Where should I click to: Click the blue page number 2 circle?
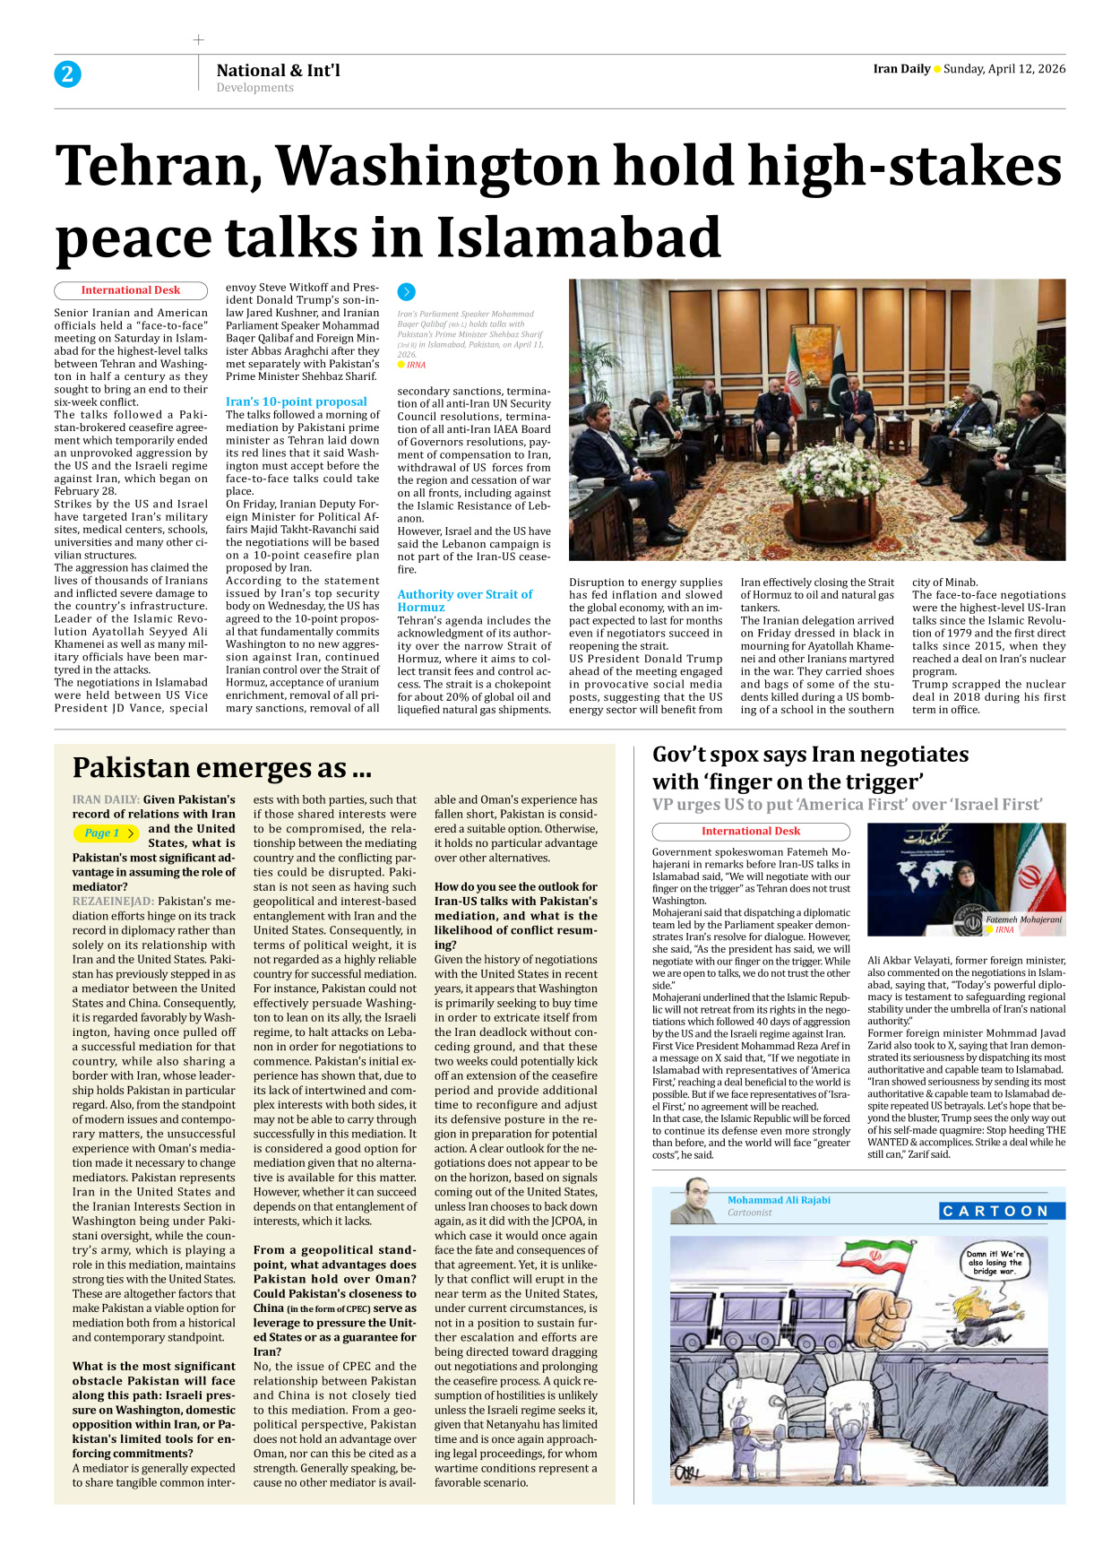[67, 74]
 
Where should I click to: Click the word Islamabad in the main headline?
[578, 238]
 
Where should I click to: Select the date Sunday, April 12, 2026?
[1004, 69]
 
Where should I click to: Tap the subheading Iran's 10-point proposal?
[296, 401]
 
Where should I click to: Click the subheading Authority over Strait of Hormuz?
[464, 600]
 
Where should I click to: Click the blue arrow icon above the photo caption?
[406, 291]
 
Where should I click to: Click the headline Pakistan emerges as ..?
[221, 768]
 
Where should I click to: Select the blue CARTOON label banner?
[1002, 1211]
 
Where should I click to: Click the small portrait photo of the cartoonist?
[693, 1202]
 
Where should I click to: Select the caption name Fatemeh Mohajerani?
[1022, 919]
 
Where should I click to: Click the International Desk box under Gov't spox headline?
[750, 831]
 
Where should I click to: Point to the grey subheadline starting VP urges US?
[847, 804]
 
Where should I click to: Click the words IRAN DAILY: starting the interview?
[106, 799]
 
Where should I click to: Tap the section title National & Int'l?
[278, 70]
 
